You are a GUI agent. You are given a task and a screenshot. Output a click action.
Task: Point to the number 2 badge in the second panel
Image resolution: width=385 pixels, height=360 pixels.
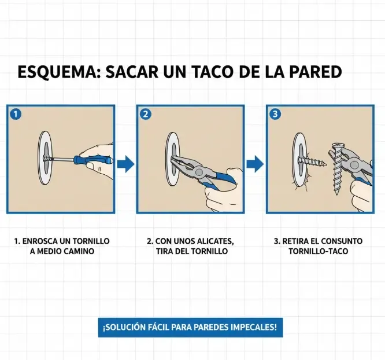point(146,114)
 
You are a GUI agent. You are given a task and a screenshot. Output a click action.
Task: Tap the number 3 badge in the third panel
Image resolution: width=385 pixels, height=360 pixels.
point(275,114)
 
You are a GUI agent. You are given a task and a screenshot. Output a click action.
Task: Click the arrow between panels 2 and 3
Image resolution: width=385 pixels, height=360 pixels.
point(255,164)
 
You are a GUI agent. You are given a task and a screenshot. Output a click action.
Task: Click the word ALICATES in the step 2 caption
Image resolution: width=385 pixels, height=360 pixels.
point(214,241)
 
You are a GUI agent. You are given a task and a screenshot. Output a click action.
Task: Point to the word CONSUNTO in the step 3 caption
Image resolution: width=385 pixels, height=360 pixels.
point(340,241)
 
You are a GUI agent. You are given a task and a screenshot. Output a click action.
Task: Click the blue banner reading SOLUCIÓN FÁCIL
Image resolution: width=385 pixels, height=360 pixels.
point(190,327)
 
